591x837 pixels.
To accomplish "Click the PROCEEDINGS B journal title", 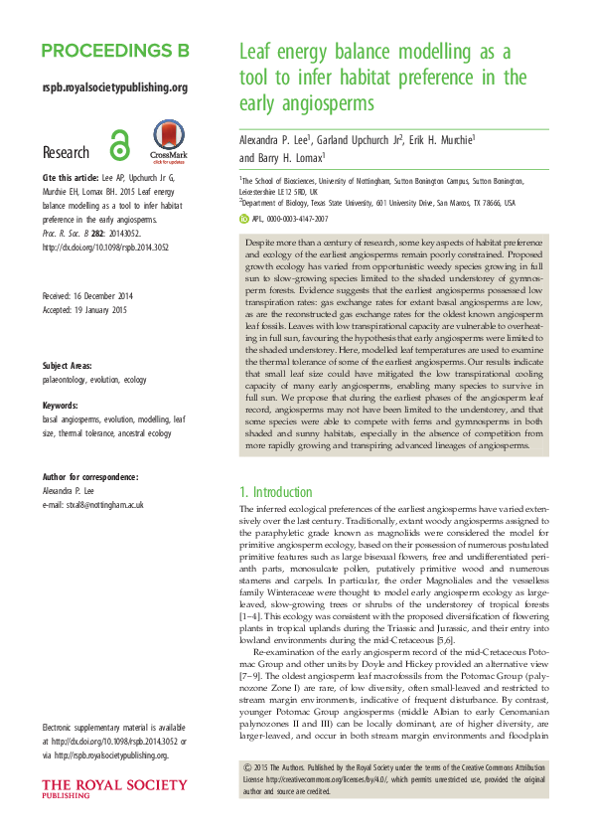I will [115, 51].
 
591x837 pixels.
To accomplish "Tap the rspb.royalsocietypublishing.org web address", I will [115, 87].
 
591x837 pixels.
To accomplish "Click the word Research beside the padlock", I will [67, 153].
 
